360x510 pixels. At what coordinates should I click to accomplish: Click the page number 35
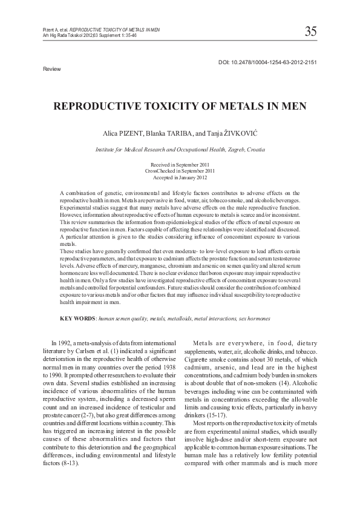coord(312,31)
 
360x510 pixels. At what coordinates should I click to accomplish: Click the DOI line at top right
coord(267,62)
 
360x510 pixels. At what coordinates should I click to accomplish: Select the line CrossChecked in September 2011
coord(180,171)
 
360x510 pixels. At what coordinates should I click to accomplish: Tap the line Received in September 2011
coord(180,165)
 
